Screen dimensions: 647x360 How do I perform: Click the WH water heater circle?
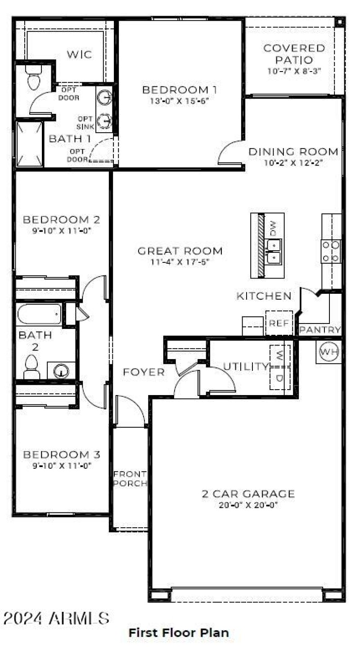[329, 352]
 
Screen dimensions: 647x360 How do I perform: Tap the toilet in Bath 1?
[34, 78]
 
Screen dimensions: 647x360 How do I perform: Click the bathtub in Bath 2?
[39, 314]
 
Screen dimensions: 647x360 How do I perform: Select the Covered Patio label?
[294, 54]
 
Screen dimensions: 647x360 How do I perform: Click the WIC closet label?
[79, 55]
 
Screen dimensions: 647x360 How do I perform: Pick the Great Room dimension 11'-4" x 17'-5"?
[180, 262]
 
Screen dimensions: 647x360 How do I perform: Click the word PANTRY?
[320, 330]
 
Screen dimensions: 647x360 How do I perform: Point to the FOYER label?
[144, 372]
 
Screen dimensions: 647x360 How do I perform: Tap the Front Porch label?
[130, 479]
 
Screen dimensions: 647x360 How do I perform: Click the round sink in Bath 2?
[61, 371]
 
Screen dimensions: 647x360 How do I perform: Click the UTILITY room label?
[246, 366]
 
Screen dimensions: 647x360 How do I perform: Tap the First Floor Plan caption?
[179, 633]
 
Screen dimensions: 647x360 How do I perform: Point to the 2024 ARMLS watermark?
[56, 618]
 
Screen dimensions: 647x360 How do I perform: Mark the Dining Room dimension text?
[293, 163]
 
